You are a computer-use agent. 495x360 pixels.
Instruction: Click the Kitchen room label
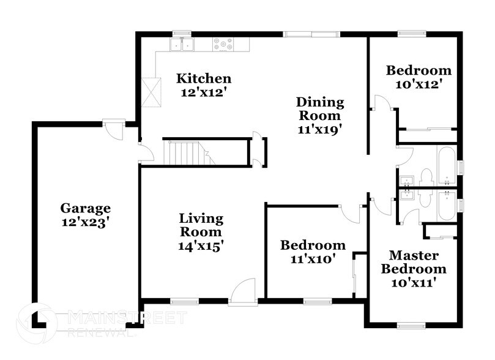[204, 78]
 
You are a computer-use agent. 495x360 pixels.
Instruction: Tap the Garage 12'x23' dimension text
[85, 223]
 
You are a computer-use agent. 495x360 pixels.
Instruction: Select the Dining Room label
[320, 108]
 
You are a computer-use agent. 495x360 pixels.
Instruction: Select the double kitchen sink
[182, 44]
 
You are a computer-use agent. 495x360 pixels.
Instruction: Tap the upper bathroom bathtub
[446, 165]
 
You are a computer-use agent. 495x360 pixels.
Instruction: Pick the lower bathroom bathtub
[446, 204]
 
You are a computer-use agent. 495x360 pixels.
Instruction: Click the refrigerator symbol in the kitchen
[152, 92]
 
